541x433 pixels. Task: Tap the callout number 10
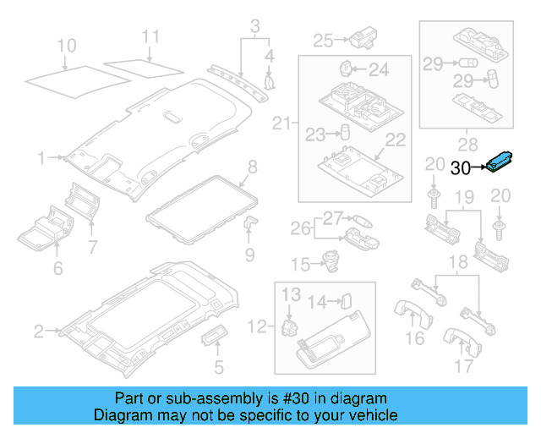click(66, 45)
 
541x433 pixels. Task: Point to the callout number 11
click(150, 36)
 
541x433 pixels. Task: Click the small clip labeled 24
click(347, 67)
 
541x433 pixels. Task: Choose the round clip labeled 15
click(331, 264)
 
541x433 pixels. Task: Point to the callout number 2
click(38, 332)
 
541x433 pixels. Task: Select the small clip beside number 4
click(271, 82)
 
